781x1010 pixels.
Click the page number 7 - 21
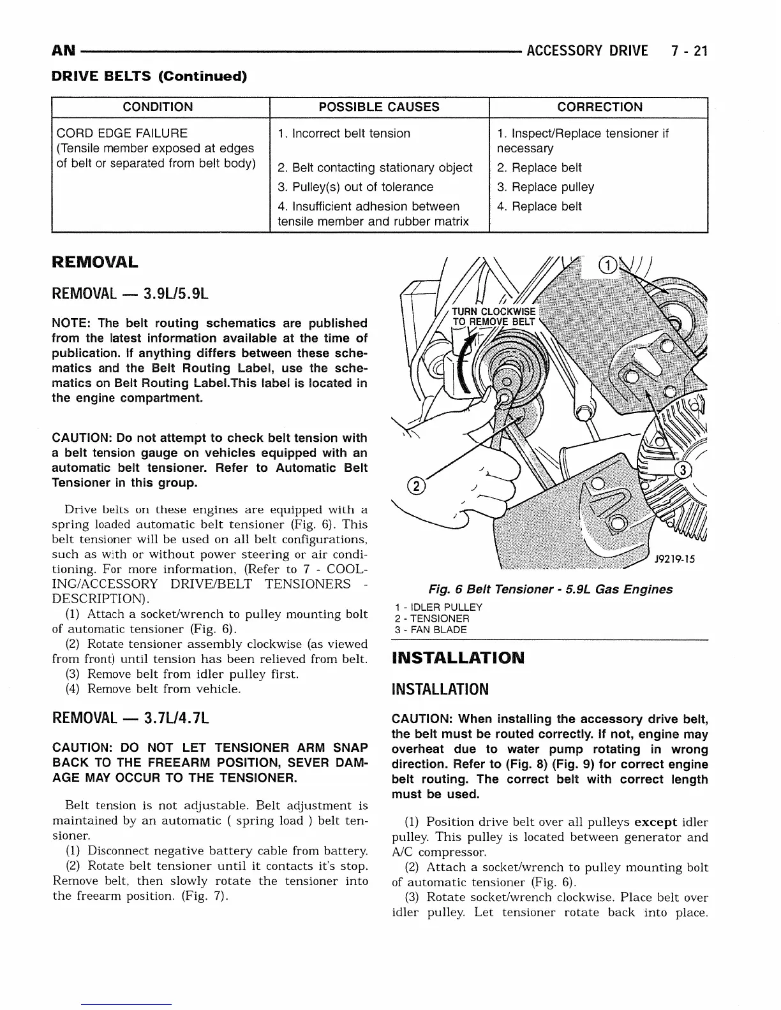[689, 51]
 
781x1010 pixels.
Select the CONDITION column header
[158, 107]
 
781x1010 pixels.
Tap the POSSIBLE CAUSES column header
[379, 107]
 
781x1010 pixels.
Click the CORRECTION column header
[599, 107]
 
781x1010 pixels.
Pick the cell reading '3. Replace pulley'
[546, 187]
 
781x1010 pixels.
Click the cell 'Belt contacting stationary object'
[376, 168]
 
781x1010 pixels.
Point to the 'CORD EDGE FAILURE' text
[123, 133]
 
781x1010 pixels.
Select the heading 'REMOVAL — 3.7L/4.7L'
[130, 719]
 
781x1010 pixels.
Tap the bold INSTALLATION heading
[457, 657]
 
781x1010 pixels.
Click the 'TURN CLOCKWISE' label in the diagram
[494, 312]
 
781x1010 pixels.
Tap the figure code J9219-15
[673, 560]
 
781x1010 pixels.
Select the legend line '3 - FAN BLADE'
[431, 630]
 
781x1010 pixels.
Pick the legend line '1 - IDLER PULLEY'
[438, 607]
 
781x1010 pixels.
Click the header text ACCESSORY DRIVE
[587, 51]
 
